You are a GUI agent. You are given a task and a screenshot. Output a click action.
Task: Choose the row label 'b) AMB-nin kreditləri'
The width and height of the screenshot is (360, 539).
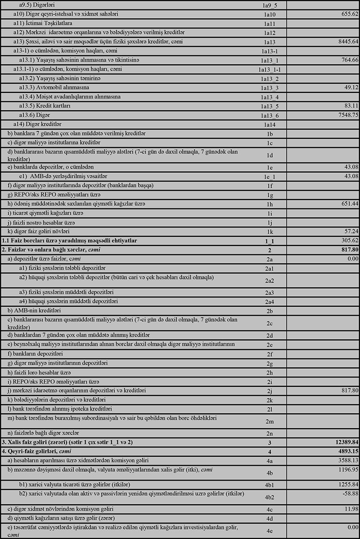34,311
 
